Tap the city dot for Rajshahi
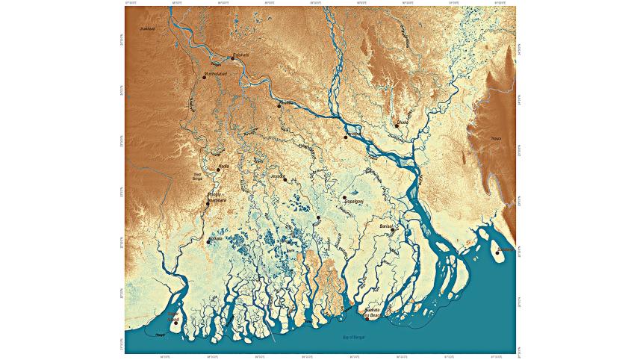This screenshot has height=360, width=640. tap(232, 58)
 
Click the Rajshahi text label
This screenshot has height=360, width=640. tap(240, 55)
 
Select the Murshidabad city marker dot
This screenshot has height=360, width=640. tap(204, 78)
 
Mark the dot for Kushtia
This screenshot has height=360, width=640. tap(279, 106)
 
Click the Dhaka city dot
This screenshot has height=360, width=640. tap(397, 125)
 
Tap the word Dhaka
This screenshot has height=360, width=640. tap(403, 122)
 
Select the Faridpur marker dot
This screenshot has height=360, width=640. tap(346, 137)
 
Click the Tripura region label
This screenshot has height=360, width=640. tap(495, 139)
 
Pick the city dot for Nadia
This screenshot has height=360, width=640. tap(218, 170)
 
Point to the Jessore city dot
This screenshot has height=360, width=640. tap(285, 179)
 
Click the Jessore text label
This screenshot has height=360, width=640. tap(277, 176)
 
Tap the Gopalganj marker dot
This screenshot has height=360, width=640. tap(344, 198)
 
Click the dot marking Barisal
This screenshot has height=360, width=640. tap(392, 230)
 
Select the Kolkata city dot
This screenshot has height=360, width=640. tap(208, 241)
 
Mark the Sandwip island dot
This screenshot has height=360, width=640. tap(497, 252)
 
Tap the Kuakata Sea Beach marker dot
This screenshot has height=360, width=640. tap(367, 318)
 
